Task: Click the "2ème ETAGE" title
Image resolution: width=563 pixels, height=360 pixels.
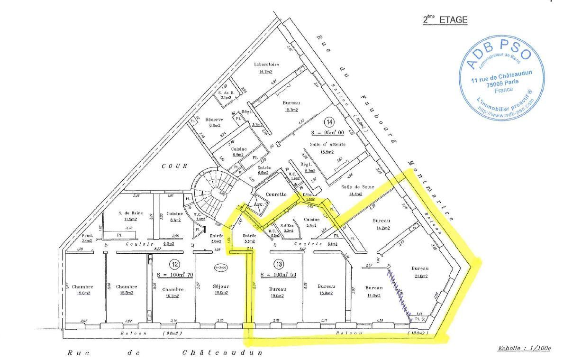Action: coord(445,20)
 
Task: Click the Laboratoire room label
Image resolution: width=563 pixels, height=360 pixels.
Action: coord(266,64)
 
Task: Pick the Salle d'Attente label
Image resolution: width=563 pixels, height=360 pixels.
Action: coord(327,144)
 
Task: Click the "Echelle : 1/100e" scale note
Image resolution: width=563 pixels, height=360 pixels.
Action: coord(524,348)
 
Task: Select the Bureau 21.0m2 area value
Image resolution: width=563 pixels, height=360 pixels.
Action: coord(421,276)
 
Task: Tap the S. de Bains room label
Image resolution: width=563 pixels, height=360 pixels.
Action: coord(131,213)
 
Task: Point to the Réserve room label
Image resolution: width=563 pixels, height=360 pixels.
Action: coord(214,120)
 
